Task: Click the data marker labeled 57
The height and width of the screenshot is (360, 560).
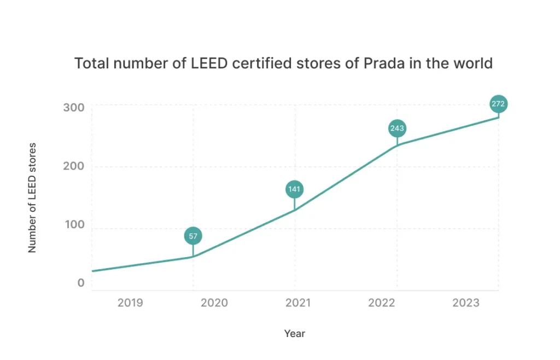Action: point(193,236)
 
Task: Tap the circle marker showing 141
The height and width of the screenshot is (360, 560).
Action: point(294,189)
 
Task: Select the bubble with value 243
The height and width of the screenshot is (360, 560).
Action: point(397,129)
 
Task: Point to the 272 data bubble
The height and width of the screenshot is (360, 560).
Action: point(498,103)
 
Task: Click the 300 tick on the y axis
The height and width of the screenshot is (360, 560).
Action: point(74,107)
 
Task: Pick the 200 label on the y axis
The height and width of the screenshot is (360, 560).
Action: point(74,166)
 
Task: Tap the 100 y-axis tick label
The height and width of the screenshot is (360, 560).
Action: point(74,225)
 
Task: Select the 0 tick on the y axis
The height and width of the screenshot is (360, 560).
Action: point(81,283)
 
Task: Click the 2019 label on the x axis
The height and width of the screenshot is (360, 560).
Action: point(130,303)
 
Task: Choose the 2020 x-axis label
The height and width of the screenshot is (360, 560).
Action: point(214,303)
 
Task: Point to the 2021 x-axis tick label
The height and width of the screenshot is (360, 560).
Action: point(297,303)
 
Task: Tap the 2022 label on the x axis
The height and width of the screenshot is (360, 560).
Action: point(382,303)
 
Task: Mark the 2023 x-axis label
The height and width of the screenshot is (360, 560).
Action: point(465,303)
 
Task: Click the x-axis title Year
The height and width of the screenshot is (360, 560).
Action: point(295,333)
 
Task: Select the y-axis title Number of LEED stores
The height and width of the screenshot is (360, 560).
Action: point(32,198)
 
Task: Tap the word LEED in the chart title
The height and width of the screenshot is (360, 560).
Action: point(210,63)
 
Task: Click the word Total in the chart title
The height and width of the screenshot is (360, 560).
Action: point(90,63)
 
